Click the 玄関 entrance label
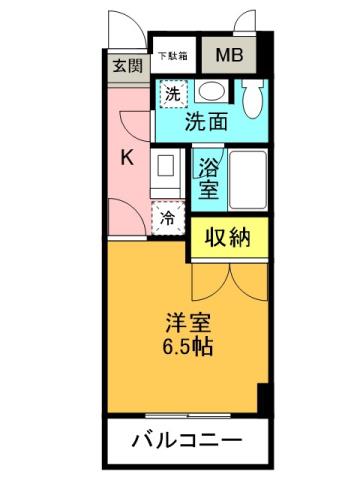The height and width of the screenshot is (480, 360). pos(127,67)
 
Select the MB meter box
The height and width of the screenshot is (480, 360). pos(229,56)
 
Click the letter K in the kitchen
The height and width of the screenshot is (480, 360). pos(128,157)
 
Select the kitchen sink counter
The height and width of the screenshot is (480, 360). pos(166,172)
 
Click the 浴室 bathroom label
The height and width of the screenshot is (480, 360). pos(208,177)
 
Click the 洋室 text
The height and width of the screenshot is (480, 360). pos(187,325)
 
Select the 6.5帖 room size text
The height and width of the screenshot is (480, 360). pos(187,349)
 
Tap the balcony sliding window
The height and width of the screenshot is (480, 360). pos(185,413)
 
